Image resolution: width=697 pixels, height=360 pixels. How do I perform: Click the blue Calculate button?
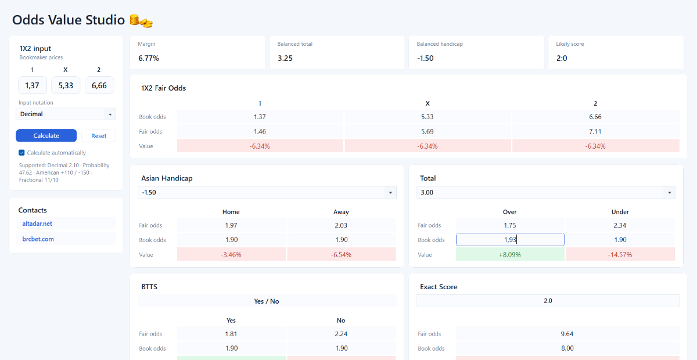click(x=46, y=135)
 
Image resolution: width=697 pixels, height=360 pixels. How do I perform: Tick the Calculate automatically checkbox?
click(x=21, y=153)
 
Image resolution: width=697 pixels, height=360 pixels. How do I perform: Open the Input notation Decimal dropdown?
click(x=66, y=114)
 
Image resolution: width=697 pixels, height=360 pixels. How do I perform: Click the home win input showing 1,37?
click(x=33, y=85)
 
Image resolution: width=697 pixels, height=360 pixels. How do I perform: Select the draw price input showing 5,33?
click(x=66, y=85)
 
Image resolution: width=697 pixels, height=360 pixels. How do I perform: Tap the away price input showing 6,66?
click(x=99, y=85)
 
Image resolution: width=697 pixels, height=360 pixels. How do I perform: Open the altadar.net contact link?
click(x=37, y=224)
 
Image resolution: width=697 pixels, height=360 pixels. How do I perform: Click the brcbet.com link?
click(x=38, y=239)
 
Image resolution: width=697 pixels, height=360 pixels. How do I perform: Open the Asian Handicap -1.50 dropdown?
click(x=267, y=192)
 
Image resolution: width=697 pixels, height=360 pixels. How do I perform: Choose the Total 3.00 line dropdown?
click(x=546, y=192)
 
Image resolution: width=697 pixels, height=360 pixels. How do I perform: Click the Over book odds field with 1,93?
click(x=510, y=240)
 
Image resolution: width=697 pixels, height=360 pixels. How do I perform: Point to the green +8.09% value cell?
click(x=510, y=254)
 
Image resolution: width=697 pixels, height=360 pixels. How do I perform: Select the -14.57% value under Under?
click(x=620, y=254)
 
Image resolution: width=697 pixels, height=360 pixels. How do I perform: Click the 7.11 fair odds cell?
click(x=595, y=131)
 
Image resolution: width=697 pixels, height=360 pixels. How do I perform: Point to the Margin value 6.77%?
click(x=149, y=58)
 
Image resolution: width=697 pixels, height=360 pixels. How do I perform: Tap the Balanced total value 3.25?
click(x=285, y=58)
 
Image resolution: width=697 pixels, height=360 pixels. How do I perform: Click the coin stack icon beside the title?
click(x=141, y=21)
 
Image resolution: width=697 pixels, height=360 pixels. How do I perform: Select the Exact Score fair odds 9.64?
click(x=567, y=333)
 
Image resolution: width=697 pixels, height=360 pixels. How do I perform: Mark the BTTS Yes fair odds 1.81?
click(x=231, y=333)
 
